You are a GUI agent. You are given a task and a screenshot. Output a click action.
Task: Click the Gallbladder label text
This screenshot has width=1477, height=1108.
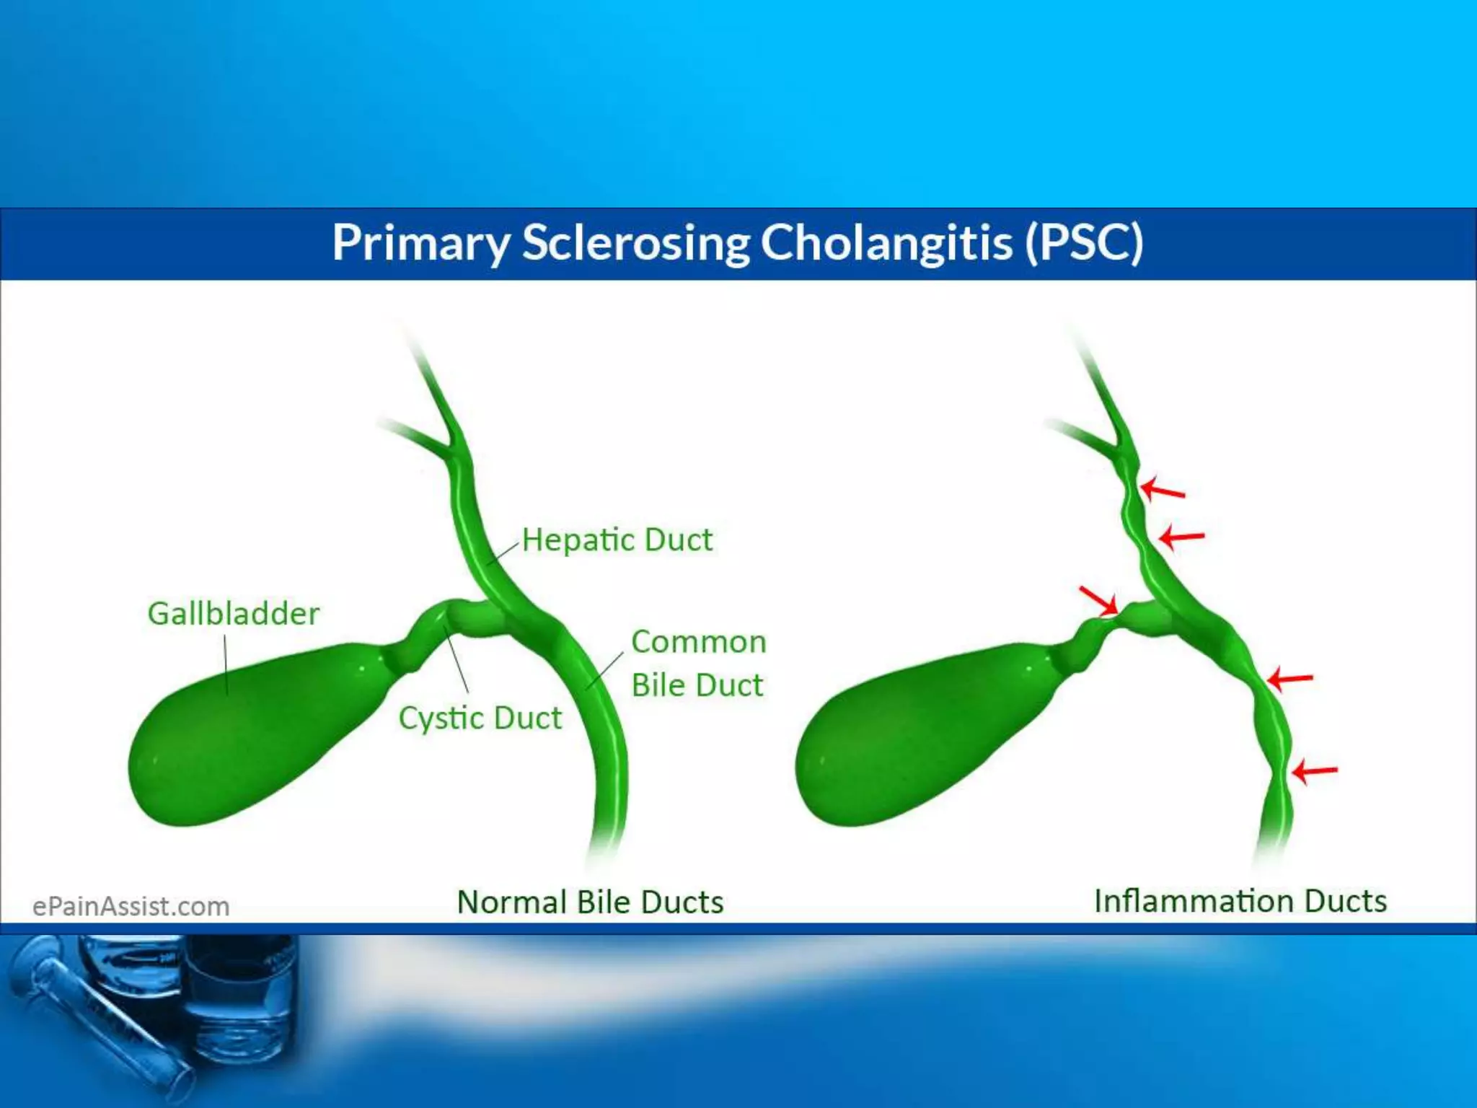click(x=233, y=614)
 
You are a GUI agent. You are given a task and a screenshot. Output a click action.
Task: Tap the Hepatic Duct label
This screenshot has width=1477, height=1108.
click(x=617, y=540)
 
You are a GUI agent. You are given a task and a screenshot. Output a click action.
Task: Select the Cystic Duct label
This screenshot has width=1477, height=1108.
click(x=480, y=718)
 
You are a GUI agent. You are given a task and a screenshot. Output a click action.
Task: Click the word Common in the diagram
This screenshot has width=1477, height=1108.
click(x=698, y=642)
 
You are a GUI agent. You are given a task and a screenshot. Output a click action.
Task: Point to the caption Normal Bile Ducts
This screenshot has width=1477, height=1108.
click(x=590, y=902)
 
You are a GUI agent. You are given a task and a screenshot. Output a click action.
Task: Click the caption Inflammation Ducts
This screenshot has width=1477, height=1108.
click(x=1240, y=902)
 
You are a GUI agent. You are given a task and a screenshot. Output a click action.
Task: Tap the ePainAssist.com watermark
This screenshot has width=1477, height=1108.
click(x=131, y=907)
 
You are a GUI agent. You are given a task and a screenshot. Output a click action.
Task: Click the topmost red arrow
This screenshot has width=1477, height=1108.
click(x=1163, y=489)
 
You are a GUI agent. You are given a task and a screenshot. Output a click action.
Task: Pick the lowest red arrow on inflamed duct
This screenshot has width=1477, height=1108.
click(x=1315, y=771)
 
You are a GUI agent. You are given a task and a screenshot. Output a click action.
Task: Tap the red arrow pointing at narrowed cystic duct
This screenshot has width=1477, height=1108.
click(x=1098, y=601)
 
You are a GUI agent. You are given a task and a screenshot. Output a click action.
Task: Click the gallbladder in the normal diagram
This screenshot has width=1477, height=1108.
click(x=245, y=736)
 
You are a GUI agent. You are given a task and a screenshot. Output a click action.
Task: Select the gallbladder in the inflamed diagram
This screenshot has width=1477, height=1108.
click(x=916, y=736)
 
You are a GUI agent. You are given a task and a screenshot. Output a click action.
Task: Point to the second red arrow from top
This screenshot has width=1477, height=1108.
click(x=1181, y=537)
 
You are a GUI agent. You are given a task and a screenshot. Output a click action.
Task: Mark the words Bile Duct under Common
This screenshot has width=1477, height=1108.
click(x=697, y=685)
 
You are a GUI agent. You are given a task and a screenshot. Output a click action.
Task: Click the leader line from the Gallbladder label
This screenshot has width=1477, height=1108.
click(x=226, y=664)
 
